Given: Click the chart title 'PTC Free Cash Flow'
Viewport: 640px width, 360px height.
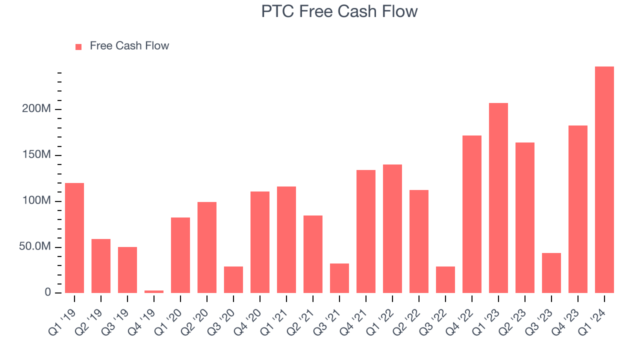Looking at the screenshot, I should [x=339, y=11].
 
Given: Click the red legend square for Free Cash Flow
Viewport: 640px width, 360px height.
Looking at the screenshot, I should [x=78, y=47].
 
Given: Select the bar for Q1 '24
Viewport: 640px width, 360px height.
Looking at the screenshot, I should [x=604, y=180].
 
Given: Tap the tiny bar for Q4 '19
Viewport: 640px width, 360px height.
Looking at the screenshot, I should [x=154, y=291].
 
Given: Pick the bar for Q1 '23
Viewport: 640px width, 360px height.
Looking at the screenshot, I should [x=498, y=198].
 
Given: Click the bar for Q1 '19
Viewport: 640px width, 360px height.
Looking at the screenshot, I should [x=74, y=238].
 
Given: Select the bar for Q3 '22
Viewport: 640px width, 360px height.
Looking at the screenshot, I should [x=445, y=279].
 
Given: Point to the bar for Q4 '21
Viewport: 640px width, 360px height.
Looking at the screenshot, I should [x=365, y=231].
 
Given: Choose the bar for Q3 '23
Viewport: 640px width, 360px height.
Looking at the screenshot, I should [x=551, y=273].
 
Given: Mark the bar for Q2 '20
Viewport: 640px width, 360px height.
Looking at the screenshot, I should [x=207, y=247].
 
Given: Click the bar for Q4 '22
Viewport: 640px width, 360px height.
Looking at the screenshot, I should [x=471, y=214].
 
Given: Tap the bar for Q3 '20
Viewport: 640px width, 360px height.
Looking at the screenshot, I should [x=233, y=279].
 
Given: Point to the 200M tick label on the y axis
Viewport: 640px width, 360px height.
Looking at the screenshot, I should [x=36, y=109].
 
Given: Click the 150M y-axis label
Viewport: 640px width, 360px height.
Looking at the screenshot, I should [x=36, y=155].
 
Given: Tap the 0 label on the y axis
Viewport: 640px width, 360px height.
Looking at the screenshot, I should [x=47, y=292].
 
